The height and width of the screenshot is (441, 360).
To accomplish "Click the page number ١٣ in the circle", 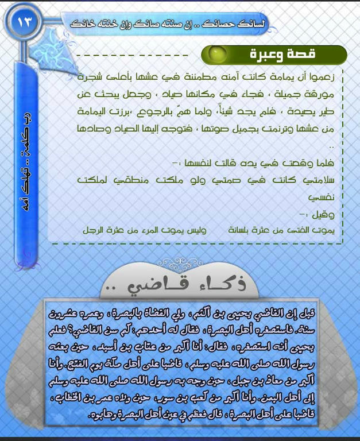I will [26, 24].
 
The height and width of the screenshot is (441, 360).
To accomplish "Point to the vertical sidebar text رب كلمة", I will [25, 123].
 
